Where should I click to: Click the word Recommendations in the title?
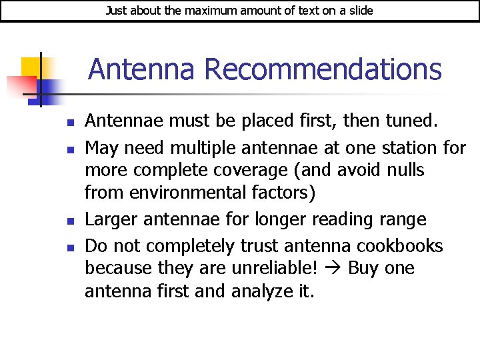coord(323,69)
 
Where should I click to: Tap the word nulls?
coord(405,170)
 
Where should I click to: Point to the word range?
coord(402,219)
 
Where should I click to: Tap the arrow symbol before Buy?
coord(334,268)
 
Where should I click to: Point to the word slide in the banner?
coord(360,11)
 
